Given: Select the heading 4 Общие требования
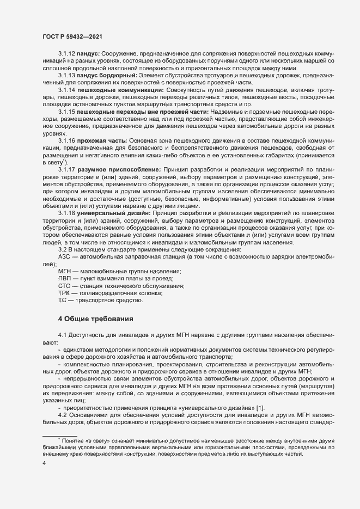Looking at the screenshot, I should (x=92, y=318).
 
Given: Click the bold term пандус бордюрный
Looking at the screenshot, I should (x=103, y=75).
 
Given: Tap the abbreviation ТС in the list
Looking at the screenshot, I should (x=63, y=301).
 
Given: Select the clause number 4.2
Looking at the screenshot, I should (x=62, y=401).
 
